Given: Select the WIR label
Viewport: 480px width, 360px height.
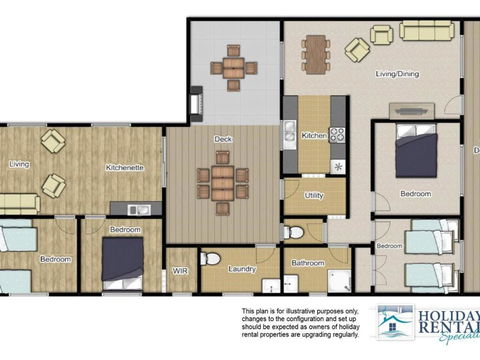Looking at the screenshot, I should (181, 270).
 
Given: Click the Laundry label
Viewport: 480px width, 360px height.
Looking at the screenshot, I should (242, 268).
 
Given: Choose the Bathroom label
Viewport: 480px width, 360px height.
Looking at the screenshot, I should (307, 263).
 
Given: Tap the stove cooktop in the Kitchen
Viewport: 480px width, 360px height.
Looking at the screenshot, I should (337, 134).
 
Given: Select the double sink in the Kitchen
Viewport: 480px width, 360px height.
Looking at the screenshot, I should (289, 131).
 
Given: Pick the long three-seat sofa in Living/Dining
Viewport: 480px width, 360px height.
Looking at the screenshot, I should (427, 30).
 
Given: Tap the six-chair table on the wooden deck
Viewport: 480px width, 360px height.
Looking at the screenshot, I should (222, 182).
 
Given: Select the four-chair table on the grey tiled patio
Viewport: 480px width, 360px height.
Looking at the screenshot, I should (233, 68).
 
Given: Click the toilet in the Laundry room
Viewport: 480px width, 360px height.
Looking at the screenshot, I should (210, 259).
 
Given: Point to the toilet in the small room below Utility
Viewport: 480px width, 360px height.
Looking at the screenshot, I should (292, 233).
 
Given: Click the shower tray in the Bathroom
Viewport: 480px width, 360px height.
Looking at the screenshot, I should (338, 281).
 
